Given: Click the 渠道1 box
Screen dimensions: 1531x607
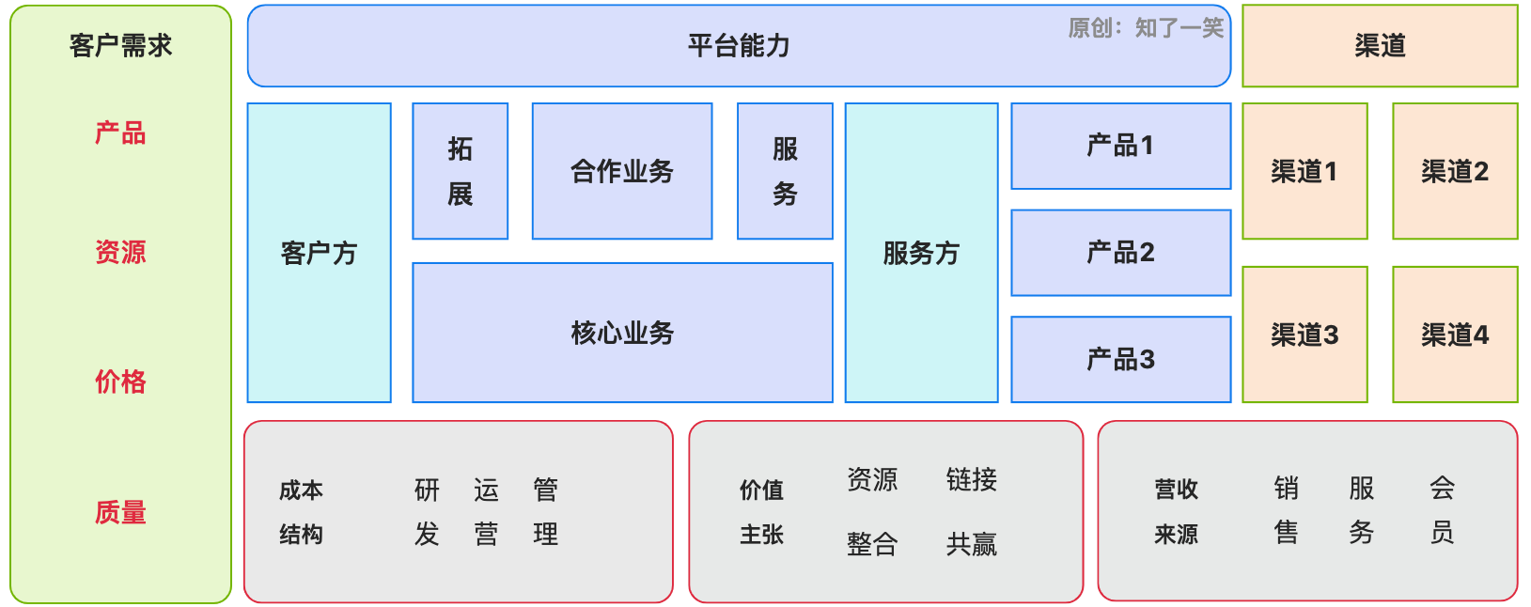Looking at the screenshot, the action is point(1304,171).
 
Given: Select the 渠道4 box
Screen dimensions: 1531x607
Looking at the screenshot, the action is point(1454,335).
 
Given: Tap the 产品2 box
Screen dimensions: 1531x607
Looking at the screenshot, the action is point(1120,253).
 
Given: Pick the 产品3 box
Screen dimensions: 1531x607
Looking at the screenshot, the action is point(1120,359).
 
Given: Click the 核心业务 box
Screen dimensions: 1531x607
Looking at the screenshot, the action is point(622,333).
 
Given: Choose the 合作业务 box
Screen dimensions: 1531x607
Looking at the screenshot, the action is point(621,171).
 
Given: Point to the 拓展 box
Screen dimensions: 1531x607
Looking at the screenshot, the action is point(460,171).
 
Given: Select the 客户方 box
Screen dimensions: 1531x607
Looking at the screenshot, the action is point(319,253).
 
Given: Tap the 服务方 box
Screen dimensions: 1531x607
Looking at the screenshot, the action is point(921,253).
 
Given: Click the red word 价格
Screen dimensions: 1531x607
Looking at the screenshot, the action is point(120,381).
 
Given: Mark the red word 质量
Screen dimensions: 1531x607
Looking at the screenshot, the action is point(120,512).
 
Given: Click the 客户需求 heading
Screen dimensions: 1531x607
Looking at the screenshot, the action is point(120,45).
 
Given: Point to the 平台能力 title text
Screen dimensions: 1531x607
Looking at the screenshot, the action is point(739,45).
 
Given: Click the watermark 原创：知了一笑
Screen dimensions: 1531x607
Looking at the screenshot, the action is point(1146,28).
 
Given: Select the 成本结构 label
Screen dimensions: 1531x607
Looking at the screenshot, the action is point(301,512).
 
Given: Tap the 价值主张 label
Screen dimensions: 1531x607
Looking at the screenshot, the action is point(761,512).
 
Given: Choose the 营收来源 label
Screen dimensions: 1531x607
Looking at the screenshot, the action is point(1176,512).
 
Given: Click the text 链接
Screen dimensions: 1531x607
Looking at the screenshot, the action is point(971,479).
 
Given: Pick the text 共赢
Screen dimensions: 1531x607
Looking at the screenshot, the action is point(971,544).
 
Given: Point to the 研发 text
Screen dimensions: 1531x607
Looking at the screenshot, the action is point(427,512).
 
